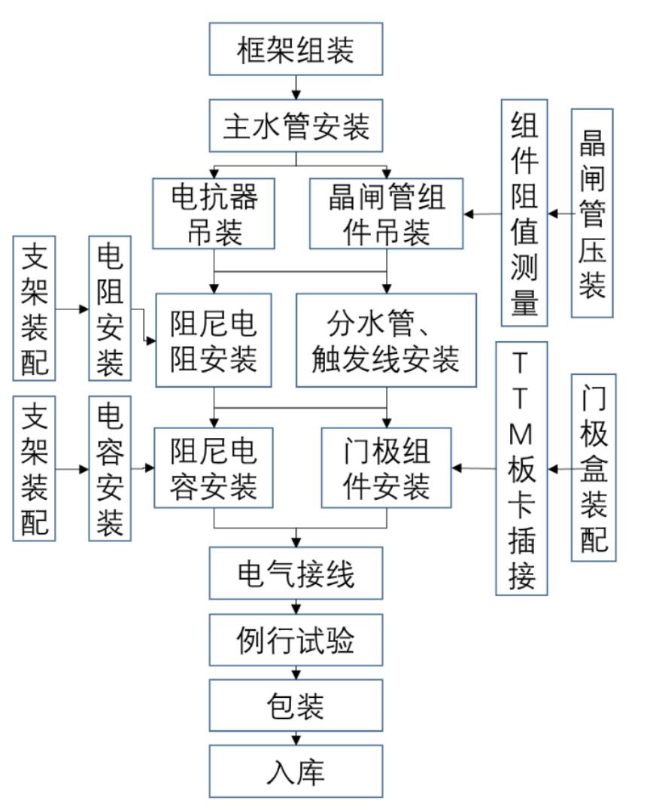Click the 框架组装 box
tap(296, 49)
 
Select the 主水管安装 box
tap(296, 124)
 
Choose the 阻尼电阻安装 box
tap(214, 340)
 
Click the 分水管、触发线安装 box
tap(387, 340)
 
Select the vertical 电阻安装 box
tap(110, 309)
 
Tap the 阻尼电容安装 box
tap(214, 467)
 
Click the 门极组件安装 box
tap(387, 467)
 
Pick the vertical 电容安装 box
tap(110, 468)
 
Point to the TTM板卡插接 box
tap(521, 468)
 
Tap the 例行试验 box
tap(296, 641)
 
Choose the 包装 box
tap(296, 705)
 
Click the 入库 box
tap(296, 772)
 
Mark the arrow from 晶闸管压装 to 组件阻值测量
tap(560, 213)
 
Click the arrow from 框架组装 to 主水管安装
tap(296, 87)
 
